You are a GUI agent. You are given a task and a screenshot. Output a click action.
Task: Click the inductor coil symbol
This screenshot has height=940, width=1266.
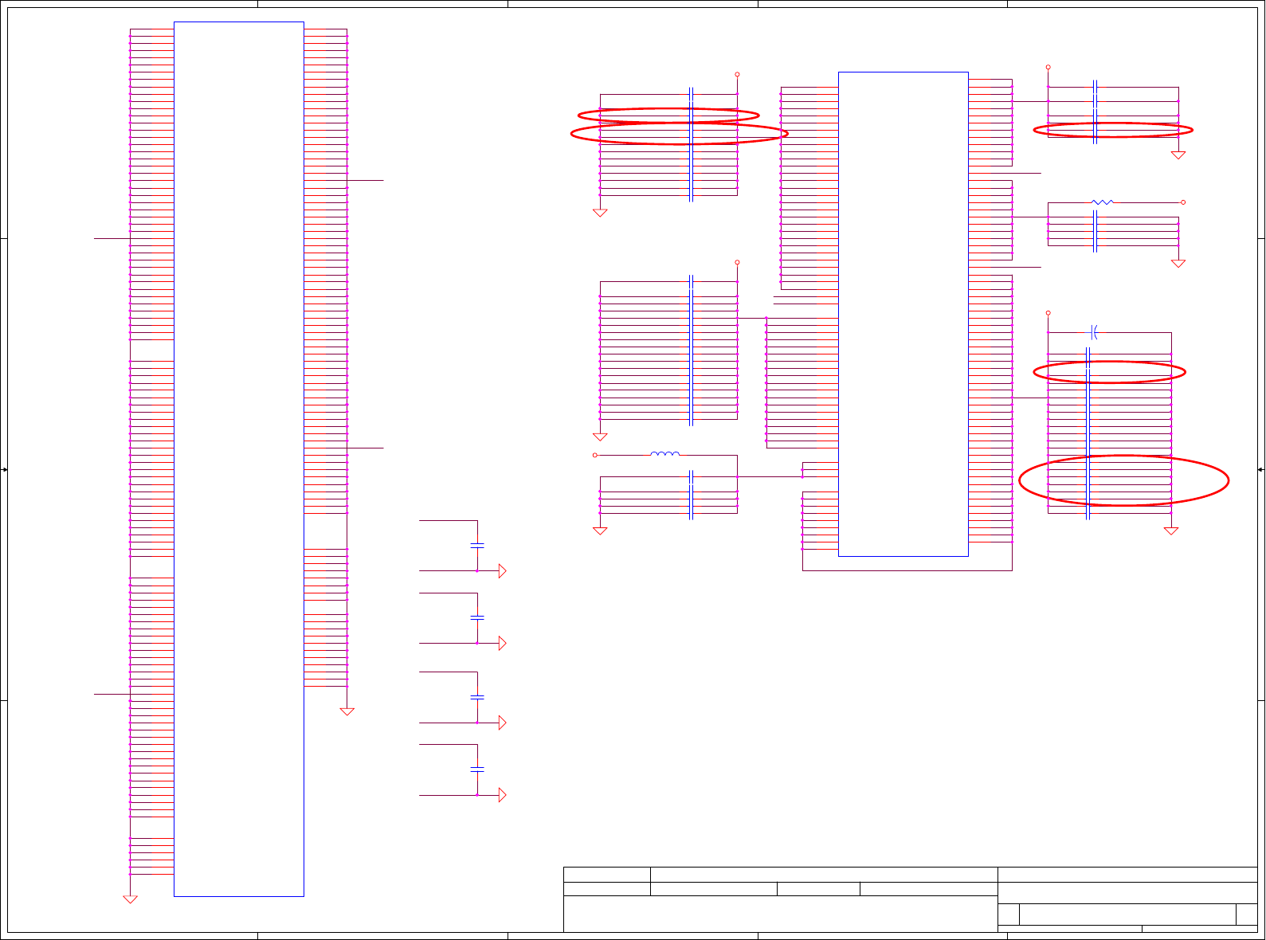pos(665,454)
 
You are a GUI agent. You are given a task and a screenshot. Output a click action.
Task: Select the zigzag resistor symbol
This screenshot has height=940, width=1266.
pos(1102,202)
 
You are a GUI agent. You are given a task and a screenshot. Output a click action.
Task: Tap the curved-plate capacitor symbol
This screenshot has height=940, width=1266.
pos(1095,332)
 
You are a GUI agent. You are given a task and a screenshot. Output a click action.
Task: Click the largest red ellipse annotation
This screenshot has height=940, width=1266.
pos(1123,480)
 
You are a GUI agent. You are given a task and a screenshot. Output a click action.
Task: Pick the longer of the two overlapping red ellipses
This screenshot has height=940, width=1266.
pos(679,134)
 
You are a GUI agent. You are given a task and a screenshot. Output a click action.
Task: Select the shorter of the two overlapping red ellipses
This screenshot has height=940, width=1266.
pos(668,116)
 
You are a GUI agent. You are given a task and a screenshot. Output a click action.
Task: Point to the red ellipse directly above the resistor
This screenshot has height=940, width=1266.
pos(1113,130)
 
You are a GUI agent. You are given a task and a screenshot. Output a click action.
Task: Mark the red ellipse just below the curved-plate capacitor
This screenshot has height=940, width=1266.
pos(1109,372)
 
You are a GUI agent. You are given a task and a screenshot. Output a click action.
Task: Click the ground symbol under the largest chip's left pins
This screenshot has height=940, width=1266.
pos(130,899)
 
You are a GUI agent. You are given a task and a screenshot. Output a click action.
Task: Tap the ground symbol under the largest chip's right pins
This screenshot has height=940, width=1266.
pos(347,711)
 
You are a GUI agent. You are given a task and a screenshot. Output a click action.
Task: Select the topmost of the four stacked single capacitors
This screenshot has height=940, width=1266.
pos(477,546)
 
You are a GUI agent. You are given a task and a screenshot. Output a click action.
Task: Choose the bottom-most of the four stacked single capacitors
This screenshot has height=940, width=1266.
pos(477,770)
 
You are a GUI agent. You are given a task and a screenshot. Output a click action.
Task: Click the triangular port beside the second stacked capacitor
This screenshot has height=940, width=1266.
pos(502,643)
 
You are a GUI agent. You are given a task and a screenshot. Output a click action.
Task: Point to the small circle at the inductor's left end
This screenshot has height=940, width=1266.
pos(595,455)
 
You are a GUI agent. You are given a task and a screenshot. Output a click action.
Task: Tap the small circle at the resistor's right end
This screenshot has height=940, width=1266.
pos(1183,202)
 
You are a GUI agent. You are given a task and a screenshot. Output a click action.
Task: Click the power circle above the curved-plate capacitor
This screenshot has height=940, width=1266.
pos(1048,313)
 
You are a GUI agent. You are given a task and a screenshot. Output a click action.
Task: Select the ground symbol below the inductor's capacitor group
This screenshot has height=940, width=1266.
pos(600,531)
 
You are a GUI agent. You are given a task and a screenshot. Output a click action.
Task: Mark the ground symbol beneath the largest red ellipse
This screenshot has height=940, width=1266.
pos(1171,531)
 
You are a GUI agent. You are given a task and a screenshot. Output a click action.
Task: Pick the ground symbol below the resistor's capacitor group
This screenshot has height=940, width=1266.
pos(1178,264)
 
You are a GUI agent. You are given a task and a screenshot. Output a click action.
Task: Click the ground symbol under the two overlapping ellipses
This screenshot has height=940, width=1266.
pos(600,213)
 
